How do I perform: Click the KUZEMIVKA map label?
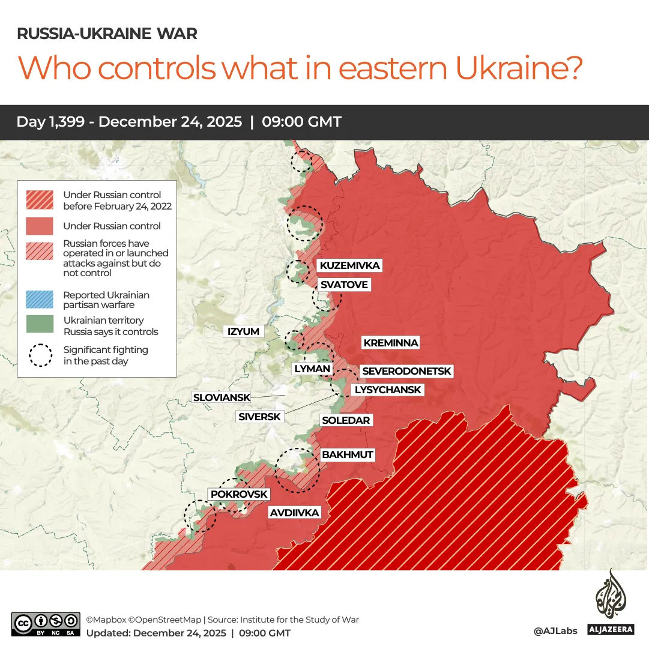point(349,265)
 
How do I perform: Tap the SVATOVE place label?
point(343,285)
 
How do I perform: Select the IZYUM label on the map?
point(243,331)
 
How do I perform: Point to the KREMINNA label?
point(390,343)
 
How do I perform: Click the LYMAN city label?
point(312,369)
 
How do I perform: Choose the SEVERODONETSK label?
point(406,372)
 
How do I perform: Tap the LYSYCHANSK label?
point(388,390)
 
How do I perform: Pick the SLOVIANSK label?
point(220,397)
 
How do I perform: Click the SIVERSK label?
point(259,417)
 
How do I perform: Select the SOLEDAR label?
point(346,420)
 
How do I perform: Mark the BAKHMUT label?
point(347,454)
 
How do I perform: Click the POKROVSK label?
point(239,494)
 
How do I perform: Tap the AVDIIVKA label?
point(294,513)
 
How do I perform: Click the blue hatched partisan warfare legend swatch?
point(40,300)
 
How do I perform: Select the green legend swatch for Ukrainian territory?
point(40,325)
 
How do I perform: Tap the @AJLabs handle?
point(555,631)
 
